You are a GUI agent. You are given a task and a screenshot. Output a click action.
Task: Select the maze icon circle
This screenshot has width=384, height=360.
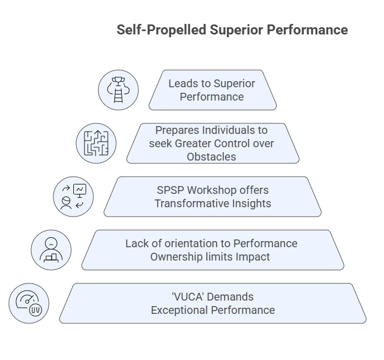(x=96, y=143)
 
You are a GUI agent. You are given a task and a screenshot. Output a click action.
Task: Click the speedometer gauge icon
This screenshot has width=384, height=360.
(x=29, y=303)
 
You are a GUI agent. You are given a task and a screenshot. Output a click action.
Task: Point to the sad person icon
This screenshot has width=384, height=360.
(x=51, y=250)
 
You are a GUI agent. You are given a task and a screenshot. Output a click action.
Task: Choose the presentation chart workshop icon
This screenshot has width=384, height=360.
(x=73, y=197)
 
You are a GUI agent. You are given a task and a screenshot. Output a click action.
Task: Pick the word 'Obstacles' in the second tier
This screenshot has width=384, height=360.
(x=211, y=157)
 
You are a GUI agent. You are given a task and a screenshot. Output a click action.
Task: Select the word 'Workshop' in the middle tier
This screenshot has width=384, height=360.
(x=207, y=190)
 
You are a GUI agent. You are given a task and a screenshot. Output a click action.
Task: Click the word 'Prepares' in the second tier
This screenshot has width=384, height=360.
(x=177, y=130)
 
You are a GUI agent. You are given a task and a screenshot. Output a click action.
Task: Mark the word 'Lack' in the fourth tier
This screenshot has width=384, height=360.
(x=137, y=243)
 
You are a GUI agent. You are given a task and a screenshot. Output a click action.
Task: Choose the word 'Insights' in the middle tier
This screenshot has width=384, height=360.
(x=251, y=203)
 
